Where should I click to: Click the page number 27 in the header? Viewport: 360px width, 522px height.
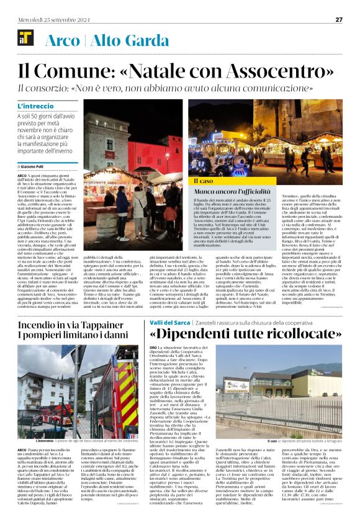338,19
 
